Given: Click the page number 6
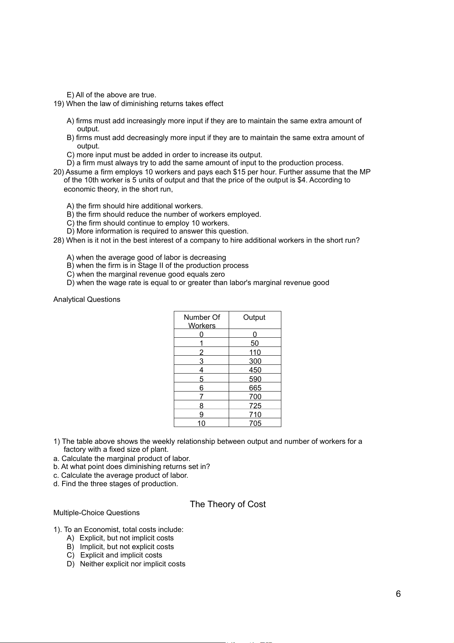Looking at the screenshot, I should (x=398, y=594).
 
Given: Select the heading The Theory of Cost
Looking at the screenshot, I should (x=228, y=504).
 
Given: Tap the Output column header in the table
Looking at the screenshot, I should (x=254, y=317).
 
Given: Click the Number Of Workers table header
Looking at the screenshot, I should (x=202, y=321).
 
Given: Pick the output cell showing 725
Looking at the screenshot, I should (x=255, y=406).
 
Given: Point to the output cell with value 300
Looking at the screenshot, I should (x=255, y=361).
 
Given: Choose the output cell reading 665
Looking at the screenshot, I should (x=255, y=388).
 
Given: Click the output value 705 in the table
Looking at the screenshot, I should (x=255, y=423).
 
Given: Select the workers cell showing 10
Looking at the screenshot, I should (x=201, y=423).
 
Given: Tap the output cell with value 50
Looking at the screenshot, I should (x=255, y=343).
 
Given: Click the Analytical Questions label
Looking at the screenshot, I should (x=87, y=300).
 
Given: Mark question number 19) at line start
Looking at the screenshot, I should (x=59, y=104).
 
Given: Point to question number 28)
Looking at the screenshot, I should (x=59, y=240).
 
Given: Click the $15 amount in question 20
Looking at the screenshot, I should (x=239, y=172).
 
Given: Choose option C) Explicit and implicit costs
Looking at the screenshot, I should (x=114, y=555).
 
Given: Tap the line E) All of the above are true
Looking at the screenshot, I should (x=111, y=95).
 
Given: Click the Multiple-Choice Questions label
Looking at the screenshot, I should (x=96, y=513).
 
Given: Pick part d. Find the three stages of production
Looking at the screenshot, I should (x=116, y=484).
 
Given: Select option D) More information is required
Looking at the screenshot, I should (x=157, y=231).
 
